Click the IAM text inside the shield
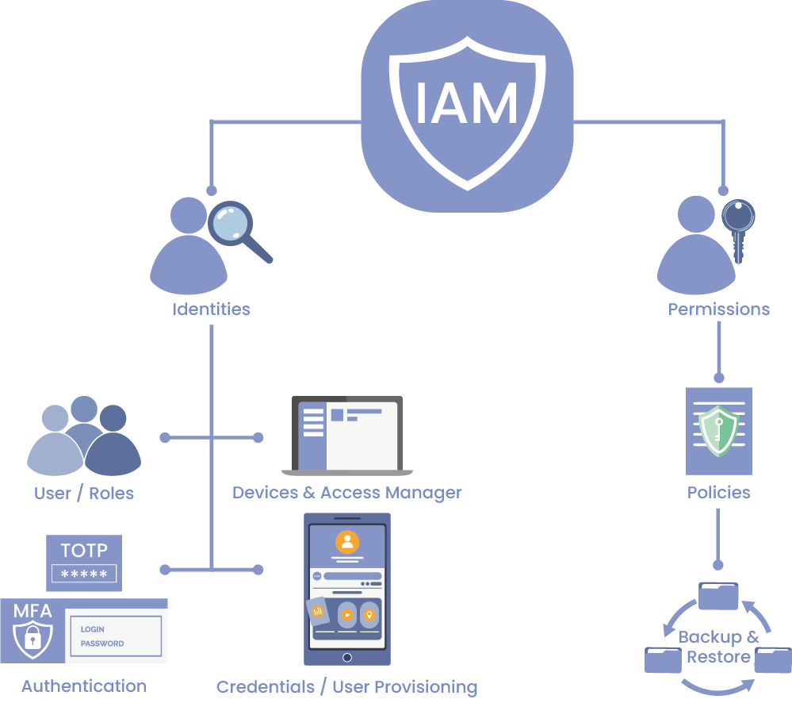(x=467, y=103)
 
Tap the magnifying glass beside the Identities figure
(x=231, y=223)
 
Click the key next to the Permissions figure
(x=738, y=226)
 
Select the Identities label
(x=211, y=309)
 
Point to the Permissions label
(x=718, y=309)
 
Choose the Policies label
(x=718, y=493)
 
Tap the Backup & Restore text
(x=718, y=647)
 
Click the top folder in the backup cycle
(x=718, y=596)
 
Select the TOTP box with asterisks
(x=84, y=563)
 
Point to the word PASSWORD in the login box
(x=102, y=643)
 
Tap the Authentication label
(x=84, y=686)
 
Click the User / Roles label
(x=84, y=493)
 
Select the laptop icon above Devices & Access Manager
(x=346, y=435)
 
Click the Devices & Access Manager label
(x=346, y=493)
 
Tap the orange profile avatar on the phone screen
(x=346, y=542)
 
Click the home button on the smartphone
(x=346, y=657)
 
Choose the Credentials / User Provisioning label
(x=346, y=686)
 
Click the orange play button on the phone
(x=346, y=615)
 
